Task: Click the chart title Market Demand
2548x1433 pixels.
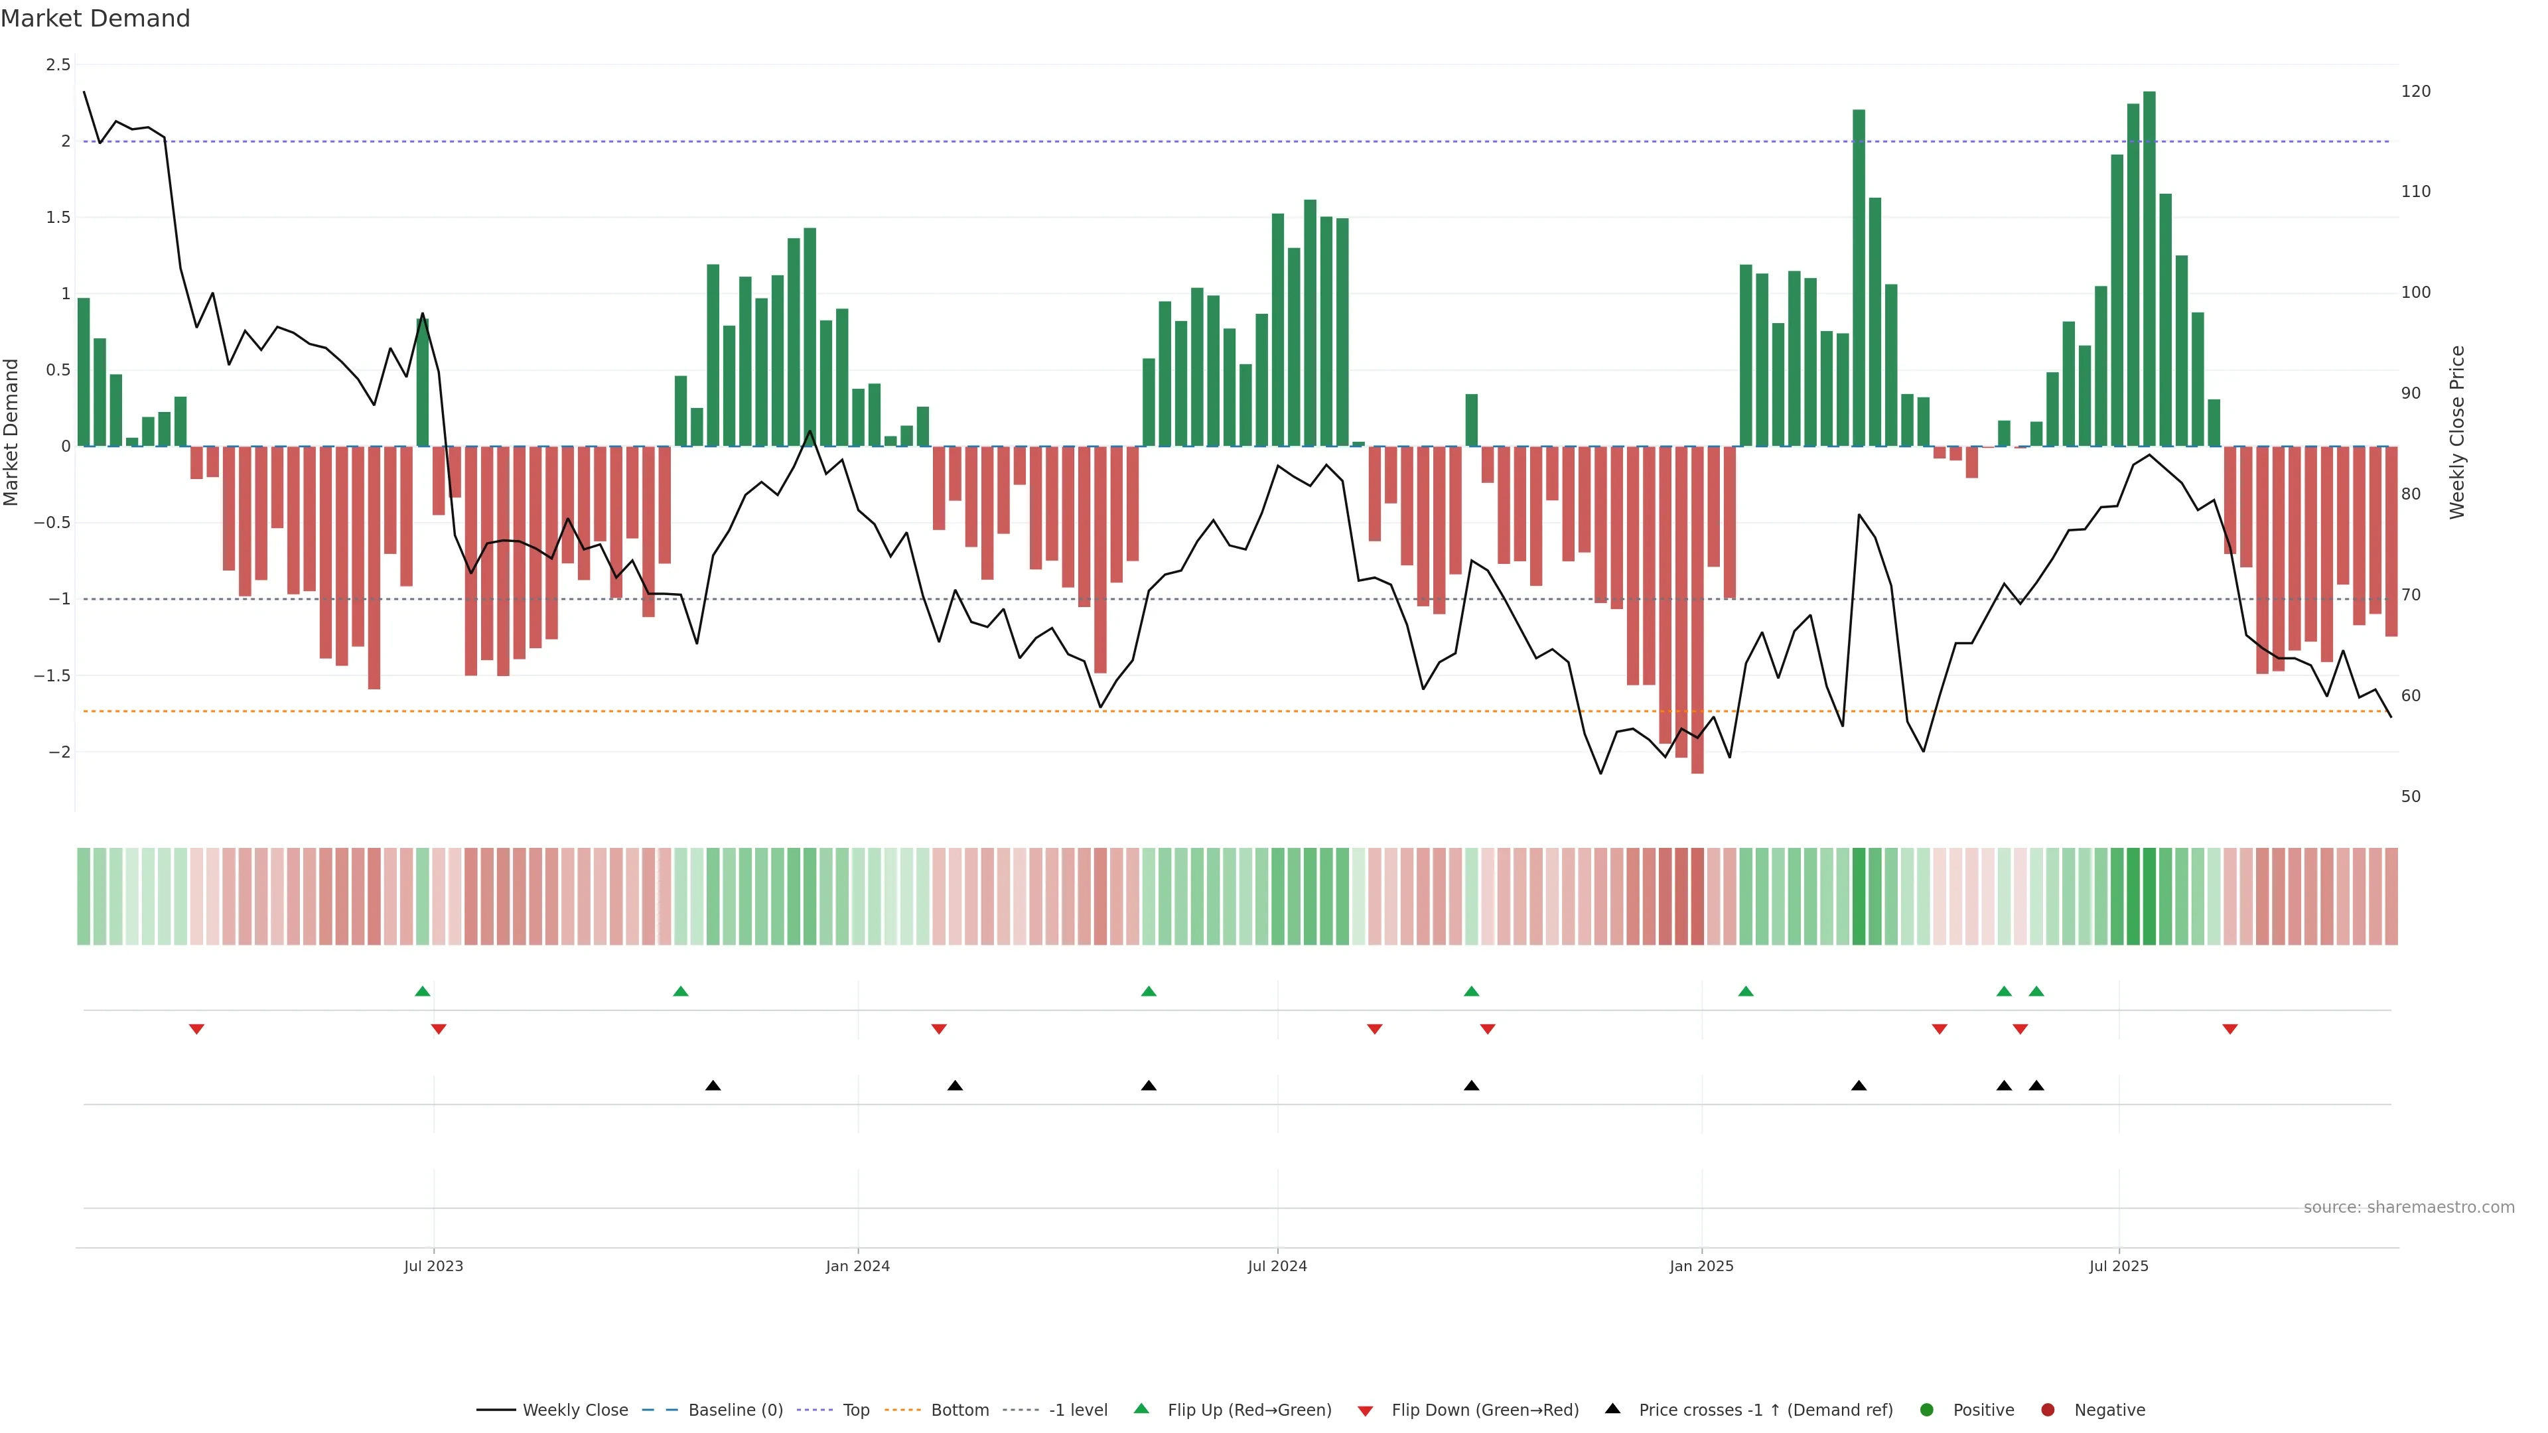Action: [95, 19]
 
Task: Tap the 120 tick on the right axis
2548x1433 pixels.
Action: [2415, 91]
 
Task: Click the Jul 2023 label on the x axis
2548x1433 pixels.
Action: [433, 1266]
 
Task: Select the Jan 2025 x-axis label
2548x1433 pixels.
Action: [1701, 1266]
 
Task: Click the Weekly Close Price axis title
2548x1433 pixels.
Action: [2457, 432]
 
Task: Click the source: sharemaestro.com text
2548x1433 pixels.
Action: [2409, 1207]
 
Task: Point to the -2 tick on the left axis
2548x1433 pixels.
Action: [59, 752]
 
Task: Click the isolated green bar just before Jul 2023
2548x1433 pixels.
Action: [423, 381]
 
